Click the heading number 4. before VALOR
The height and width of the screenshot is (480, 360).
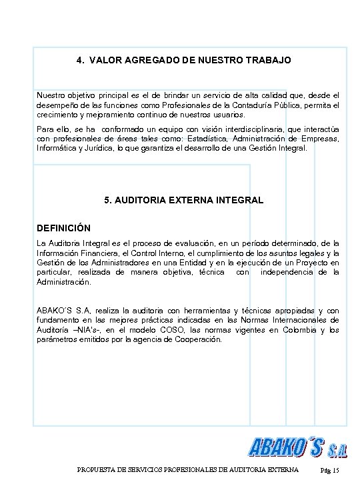point(80,60)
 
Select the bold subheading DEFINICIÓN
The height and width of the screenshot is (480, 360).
point(63,227)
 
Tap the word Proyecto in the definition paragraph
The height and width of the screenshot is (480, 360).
point(318,263)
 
